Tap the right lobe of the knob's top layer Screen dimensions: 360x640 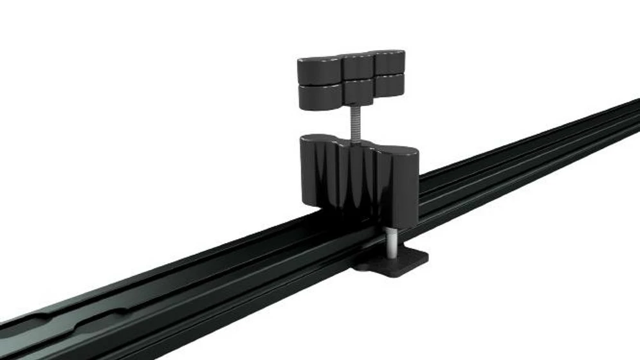(389, 62)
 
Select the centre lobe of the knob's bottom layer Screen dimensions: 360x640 (357, 91)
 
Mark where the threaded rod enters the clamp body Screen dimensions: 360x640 (354, 136)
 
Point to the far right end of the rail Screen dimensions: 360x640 (634, 113)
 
